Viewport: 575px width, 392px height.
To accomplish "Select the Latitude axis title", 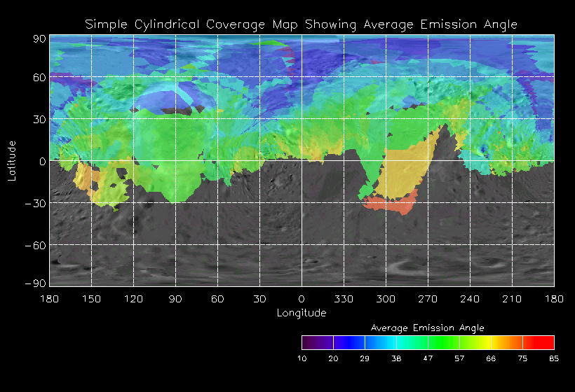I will tap(12, 160).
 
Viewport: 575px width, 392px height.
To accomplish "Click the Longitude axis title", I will tap(302, 312).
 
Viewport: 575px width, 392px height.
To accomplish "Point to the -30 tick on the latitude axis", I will tap(36, 203).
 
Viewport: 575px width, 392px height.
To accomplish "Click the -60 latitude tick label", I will tap(36, 245).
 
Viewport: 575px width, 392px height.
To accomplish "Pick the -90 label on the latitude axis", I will tap(36, 283).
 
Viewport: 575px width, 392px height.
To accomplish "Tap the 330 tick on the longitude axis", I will tap(344, 299).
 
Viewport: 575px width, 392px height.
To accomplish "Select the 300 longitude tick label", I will tap(386, 299).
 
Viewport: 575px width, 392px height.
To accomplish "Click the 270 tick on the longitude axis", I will tap(428, 299).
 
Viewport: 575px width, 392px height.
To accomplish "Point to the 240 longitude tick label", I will tap(470, 299).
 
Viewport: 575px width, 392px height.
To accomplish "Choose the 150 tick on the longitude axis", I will tap(91, 299).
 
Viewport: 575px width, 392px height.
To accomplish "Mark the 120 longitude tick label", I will tap(133, 299).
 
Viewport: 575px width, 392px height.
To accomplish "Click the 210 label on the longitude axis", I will tap(512, 299).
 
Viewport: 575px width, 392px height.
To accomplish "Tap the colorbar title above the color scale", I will tap(427, 328).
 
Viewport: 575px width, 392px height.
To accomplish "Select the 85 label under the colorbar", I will tap(554, 358).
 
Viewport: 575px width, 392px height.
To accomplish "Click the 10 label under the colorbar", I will tap(302, 358).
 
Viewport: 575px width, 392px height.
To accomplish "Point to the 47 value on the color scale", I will tap(428, 358).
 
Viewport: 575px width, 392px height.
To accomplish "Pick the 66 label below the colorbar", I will tap(491, 358).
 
